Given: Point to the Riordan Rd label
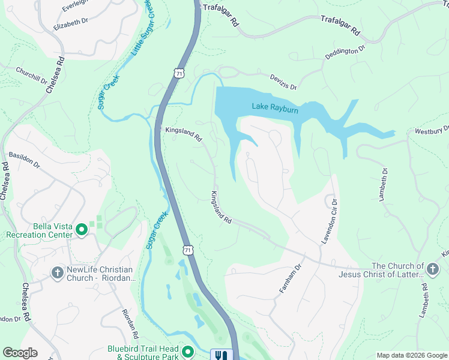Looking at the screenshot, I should (x=130, y=325).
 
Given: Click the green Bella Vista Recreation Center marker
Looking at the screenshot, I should (x=81, y=229).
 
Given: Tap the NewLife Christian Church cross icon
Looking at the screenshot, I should (x=57, y=273).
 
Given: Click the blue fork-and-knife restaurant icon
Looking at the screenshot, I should (x=221, y=355).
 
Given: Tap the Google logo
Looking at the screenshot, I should (x=20, y=353).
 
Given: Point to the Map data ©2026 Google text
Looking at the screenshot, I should (x=411, y=355).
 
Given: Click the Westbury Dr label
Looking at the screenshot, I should (x=432, y=130).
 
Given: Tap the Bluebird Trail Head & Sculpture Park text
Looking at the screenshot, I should (x=144, y=352).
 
